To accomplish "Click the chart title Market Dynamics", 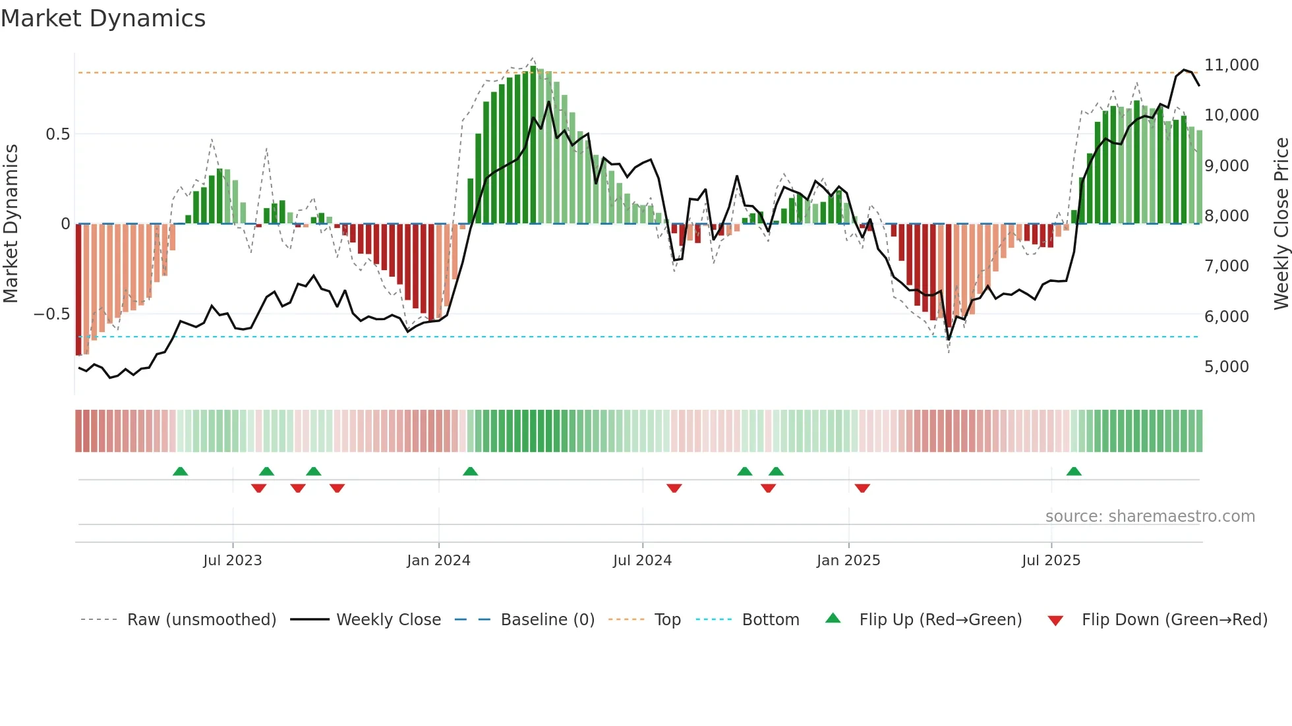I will pyautogui.click(x=103, y=18).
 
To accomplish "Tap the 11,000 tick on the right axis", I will pyautogui.click(x=1231, y=65).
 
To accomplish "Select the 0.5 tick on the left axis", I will pyautogui.click(x=57, y=134).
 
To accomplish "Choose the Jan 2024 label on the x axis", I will pyautogui.click(x=438, y=561).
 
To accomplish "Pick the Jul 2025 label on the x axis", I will pyautogui.click(x=1051, y=561).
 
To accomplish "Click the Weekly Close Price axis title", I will pyautogui.click(x=1281, y=223).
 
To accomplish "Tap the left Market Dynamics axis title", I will pyautogui.click(x=11, y=223).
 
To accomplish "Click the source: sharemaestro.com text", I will pyautogui.click(x=1150, y=517).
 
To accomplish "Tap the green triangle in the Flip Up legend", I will pyautogui.click(x=833, y=618).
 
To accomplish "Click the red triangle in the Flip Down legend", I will pyautogui.click(x=1055, y=621).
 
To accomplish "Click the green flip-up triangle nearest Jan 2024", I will pyautogui.click(x=470, y=471).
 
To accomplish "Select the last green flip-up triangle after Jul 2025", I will pyautogui.click(x=1074, y=471).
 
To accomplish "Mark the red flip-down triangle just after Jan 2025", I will pyautogui.click(x=862, y=488).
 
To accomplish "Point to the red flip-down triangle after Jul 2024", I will pyautogui.click(x=674, y=488).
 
